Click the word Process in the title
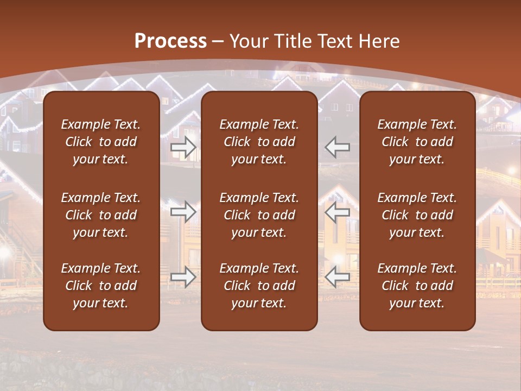(x=170, y=41)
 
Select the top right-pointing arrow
(x=183, y=147)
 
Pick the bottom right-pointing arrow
(x=183, y=277)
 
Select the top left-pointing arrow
(x=338, y=147)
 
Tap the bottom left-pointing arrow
(x=338, y=277)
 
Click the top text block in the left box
(x=101, y=142)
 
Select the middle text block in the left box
(x=101, y=215)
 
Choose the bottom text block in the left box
(x=101, y=286)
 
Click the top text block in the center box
(x=259, y=142)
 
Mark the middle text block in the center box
(x=259, y=215)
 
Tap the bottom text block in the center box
(x=259, y=286)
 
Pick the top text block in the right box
(x=417, y=142)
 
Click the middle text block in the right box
(x=417, y=215)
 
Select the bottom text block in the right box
(x=417, y=286)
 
